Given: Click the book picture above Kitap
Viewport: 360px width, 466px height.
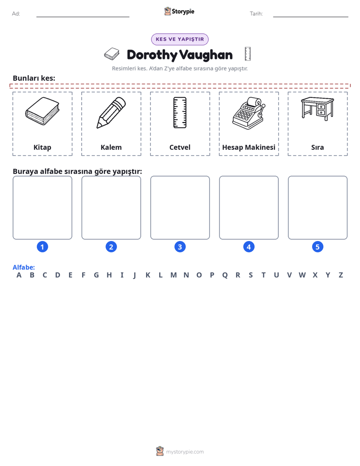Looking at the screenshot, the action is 42,111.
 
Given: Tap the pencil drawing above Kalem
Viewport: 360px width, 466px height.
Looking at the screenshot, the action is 111,112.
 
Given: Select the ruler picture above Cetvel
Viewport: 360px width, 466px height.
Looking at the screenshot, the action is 180,112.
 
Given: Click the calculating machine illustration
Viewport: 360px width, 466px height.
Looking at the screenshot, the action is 249,113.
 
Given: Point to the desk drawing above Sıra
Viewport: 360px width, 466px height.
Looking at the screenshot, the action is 318,108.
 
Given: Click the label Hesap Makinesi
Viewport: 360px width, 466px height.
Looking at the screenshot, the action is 249,147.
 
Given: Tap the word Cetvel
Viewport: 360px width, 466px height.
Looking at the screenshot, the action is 180,147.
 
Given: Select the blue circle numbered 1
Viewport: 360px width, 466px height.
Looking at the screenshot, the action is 42,247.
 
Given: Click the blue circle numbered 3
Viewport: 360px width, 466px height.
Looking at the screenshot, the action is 180,247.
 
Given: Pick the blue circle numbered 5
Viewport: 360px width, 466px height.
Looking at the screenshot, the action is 318,247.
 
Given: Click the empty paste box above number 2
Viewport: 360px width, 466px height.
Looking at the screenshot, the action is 111,208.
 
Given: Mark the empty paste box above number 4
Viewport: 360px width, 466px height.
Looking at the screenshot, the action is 249,208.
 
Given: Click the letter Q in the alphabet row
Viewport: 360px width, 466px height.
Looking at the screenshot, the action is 225,275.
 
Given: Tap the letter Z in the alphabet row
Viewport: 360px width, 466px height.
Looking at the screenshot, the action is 341,275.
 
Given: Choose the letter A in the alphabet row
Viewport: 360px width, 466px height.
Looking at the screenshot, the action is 19,275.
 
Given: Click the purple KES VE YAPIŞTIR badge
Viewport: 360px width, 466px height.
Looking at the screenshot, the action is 180,39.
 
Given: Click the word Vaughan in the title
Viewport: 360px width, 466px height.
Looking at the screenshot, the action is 206,55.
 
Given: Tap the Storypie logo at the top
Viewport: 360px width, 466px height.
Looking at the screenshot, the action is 179,11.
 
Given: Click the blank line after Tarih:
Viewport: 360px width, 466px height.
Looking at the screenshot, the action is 311,17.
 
